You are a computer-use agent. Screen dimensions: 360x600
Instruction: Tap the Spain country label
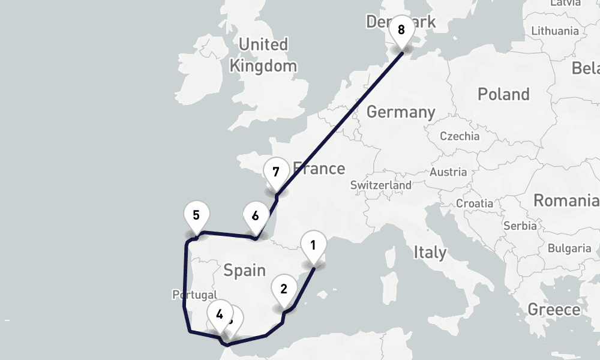244,270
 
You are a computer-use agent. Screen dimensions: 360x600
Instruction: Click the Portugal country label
194,295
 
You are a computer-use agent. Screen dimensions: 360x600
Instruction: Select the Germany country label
400,112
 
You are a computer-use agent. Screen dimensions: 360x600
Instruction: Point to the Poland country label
503,94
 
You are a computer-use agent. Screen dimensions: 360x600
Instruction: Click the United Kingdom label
263,55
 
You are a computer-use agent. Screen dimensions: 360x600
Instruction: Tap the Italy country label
430,252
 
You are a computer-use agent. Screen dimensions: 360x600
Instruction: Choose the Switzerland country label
381,185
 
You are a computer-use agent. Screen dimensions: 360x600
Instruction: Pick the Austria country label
448,172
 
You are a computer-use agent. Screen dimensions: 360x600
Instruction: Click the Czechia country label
460,136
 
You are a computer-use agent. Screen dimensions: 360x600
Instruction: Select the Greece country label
554,310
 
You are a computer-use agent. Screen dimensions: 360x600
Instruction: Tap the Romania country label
566,200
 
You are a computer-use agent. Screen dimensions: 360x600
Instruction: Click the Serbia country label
520,226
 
